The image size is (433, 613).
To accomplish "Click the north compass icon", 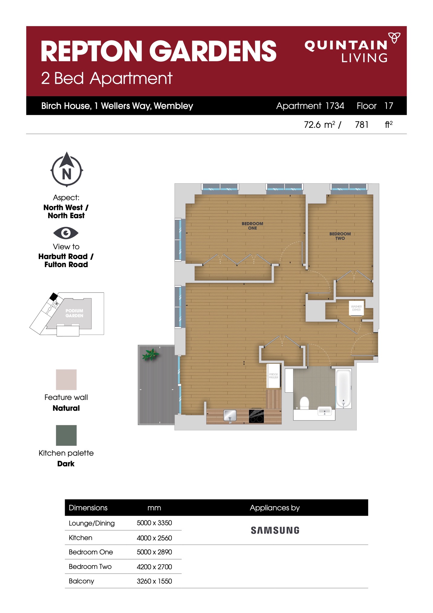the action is [x=67, y=170].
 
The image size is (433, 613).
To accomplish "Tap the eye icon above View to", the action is [x=66, y=233].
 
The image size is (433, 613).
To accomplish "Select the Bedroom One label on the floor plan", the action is [x=252, y=226].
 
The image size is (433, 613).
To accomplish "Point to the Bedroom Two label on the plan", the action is [x=340, y=236].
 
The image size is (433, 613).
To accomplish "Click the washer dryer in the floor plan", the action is [x=356, y=308].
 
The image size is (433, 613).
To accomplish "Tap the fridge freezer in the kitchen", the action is [x=274, y=376].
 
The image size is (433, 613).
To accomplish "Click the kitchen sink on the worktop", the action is [x=230, y=415].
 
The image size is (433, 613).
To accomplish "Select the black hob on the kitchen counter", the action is [x=256, y=416].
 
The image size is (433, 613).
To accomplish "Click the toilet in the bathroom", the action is [x=304, y=403].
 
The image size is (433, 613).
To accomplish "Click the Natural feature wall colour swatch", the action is [x=66, y=380].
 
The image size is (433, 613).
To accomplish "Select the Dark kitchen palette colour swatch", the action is [x=66, y=435].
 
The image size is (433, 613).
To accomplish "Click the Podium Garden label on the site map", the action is [x=74, y=313].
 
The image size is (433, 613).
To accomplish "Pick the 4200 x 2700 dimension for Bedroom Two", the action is [x=154, y=567].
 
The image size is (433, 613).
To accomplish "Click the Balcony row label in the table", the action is [x=81, y=581].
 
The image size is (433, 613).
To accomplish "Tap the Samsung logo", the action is [x=275, y=530].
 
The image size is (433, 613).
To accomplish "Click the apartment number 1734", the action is [x=335, y=106].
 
